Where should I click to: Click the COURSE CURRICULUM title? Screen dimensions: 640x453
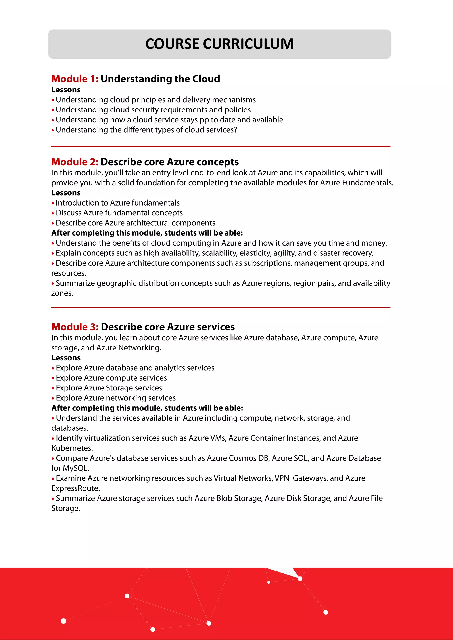[x=219, y=44]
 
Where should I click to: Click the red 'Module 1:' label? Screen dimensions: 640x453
[x=75, y=79]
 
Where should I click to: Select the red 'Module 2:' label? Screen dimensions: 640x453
[x=75, y=162]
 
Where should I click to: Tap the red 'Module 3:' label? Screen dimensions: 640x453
[x=75, y=327]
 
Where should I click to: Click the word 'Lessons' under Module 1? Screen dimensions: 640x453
[x=66, y=90]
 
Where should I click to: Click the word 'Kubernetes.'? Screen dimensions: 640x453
[x=72, y=448]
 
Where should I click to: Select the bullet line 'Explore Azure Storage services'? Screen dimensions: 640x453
[x=109, y=388]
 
